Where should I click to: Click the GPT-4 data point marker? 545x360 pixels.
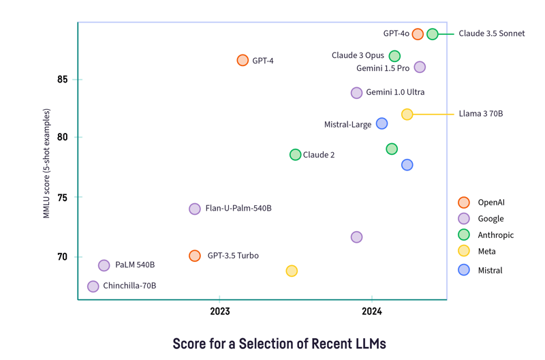(243, 60)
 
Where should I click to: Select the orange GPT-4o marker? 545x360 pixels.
(418, 34)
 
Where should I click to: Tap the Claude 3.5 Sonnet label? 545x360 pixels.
(491, 33)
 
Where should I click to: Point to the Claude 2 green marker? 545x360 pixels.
(295, 155)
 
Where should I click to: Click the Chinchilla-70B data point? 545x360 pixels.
(93, 286)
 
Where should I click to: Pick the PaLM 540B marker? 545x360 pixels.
(104, 265)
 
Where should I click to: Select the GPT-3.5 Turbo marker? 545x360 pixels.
(195, 256)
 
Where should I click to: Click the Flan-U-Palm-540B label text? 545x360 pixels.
(238, 209)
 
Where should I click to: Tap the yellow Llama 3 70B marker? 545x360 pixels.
(407, 115)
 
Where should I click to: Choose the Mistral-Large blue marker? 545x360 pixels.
(381, 123)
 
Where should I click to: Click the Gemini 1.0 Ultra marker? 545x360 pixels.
(356, 93)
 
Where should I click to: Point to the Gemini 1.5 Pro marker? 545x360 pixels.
(420, 67)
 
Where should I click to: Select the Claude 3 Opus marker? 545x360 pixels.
(394, 56)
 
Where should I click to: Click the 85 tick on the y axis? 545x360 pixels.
(63, 79)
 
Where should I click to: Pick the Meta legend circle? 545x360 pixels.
(464, 252)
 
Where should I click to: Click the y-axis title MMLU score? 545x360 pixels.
(47, 163)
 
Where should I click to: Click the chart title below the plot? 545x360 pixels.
(279, 342)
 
